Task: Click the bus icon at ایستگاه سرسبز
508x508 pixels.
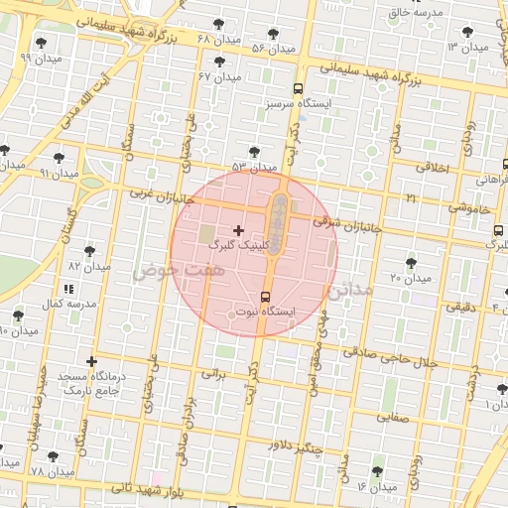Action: coord(299,88)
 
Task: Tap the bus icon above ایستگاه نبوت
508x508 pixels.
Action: coord(265,297)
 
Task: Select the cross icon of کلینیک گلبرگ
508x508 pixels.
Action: coord(238,229)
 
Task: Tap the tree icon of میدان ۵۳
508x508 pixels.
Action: coord(254,152)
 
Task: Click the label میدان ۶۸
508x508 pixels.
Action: coord(219,39)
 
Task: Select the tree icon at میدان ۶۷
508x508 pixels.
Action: coord(219,61)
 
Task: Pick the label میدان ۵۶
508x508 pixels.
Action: coord(274,48)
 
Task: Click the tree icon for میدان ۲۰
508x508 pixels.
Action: coord(411,263)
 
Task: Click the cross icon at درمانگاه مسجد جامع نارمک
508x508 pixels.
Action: coord(92,361)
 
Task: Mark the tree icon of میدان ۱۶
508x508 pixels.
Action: coord(376,472)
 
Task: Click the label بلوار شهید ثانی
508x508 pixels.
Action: coord(150,487)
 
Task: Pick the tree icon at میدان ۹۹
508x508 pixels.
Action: coord(41,43)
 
